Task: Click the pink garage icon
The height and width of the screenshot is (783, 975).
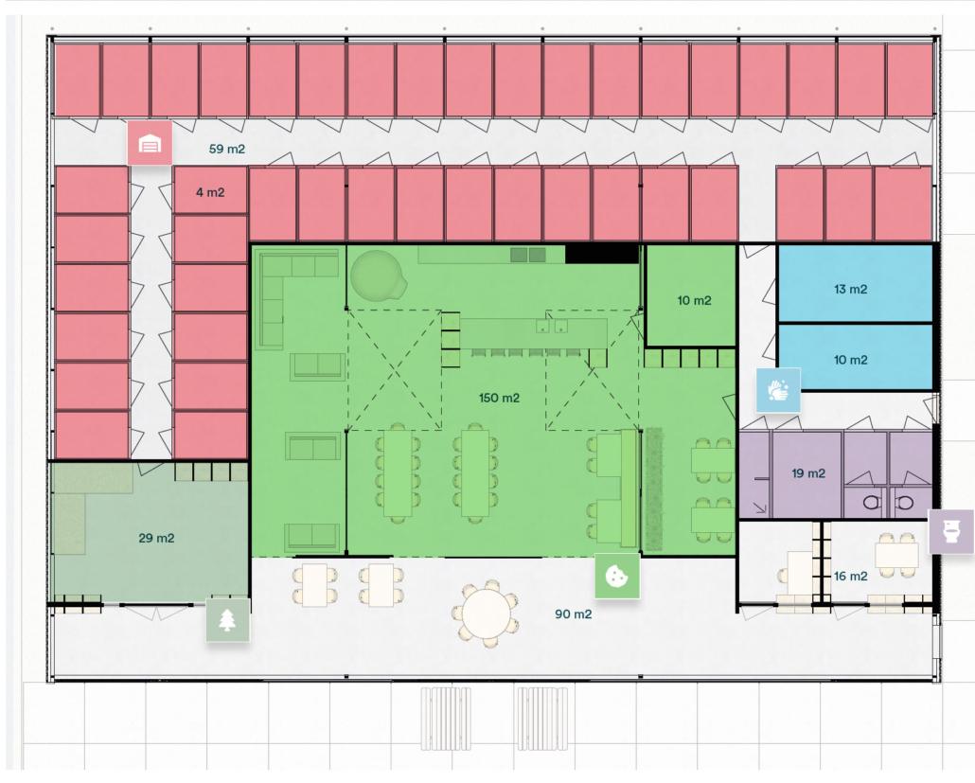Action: (x=150, y=144)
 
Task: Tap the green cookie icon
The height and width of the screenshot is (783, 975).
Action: (x=617, y=576)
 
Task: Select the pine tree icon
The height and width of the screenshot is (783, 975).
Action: (x=228, y=620)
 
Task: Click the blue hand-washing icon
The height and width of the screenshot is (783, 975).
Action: (x=778, y=391)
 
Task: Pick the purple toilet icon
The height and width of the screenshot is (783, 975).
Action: (x=950, y=531)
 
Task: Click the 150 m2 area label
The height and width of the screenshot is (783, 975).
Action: (x=499, y=398)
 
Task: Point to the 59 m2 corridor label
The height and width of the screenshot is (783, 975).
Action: (x=227, y=150)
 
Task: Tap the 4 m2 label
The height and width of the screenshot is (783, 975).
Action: (x=210, y=193)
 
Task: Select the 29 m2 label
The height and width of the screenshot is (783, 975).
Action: (x=156, y=538)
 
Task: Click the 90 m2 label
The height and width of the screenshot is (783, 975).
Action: (x=574, y=614)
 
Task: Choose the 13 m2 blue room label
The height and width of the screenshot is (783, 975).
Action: (x=851, y=289)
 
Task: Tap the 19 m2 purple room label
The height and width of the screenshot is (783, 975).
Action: (x=808, y=473)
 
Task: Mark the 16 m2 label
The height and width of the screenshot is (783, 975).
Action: (x=851, y=577)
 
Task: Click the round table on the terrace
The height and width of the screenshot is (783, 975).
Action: (x=487, y=613)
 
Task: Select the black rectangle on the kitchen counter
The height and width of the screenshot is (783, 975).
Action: (x=602, y=254)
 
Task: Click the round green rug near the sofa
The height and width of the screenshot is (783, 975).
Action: (x=378, y=275)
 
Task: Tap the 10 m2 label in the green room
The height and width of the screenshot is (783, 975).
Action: (x=694, y=301)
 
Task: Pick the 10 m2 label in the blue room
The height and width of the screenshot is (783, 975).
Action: (x=851, y=360)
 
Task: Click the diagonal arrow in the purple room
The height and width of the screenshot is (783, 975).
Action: (x=760, y=507)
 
